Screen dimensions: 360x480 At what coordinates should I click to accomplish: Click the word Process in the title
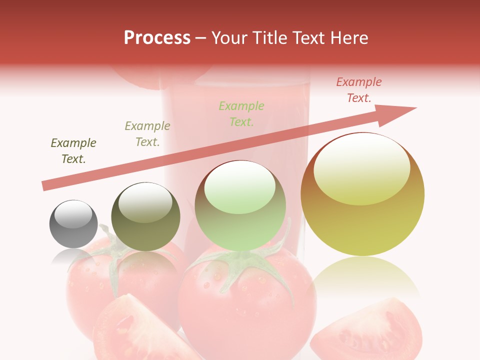(157, 38)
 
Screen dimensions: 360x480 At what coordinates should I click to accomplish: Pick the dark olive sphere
(145, 217)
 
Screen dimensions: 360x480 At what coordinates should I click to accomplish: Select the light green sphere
(240, 205)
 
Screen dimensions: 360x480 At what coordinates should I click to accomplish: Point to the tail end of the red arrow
(45, 186)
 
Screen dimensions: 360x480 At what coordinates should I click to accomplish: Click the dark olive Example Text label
(73, 151)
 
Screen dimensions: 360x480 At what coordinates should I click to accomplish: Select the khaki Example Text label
(147, 134)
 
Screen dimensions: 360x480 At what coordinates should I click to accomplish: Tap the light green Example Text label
(241, 113)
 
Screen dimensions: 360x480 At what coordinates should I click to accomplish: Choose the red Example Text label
(359, 90)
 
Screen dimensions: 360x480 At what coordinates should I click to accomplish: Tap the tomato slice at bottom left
(135, 330)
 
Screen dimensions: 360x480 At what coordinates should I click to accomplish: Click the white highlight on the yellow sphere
(362, 167)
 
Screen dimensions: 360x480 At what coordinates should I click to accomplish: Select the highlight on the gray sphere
(73, 214)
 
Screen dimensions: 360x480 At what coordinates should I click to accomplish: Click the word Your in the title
(229, 38)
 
